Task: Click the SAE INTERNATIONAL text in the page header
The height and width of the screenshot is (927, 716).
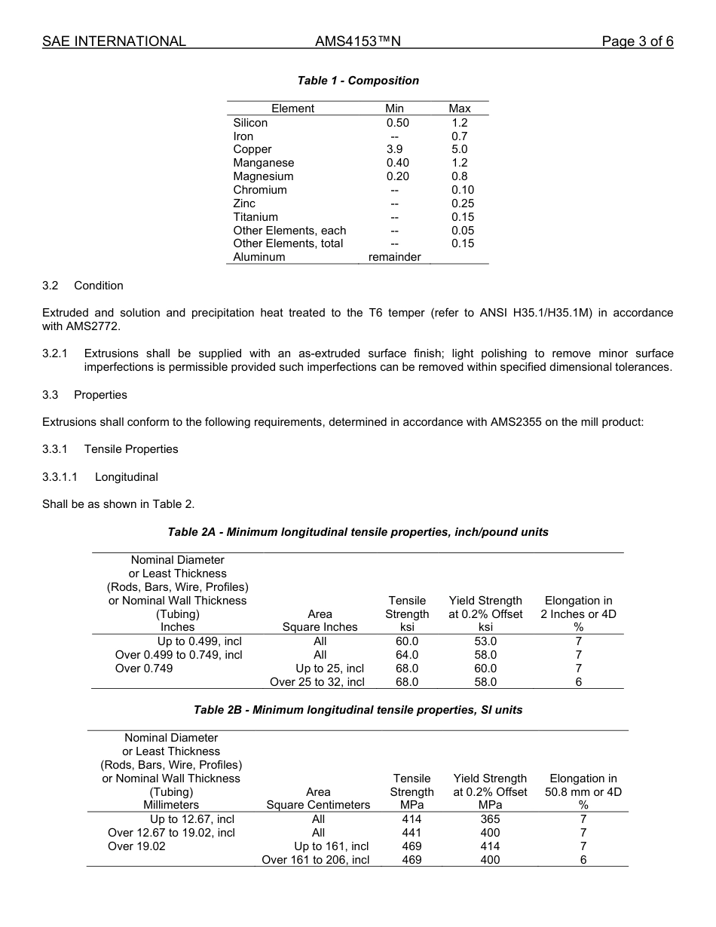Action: tap(114, 41)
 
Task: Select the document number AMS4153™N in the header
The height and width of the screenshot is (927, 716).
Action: tap(357, 41)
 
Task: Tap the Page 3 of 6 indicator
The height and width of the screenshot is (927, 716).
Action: tap(637, 41)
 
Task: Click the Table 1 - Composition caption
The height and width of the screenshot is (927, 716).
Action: tap(358, 81)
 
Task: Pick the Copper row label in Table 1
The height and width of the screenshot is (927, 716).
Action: tap(252, 149)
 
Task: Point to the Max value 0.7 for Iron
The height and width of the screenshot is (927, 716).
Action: tap(459, 136)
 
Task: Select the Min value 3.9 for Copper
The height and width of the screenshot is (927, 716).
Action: tap(394, 149)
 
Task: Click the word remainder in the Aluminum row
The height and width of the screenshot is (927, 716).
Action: tap(394, 257)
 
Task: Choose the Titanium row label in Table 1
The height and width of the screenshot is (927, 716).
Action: tap(255, 217)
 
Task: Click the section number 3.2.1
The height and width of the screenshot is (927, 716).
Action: tap(55, 353)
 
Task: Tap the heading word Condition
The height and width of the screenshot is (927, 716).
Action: tap(99, 286)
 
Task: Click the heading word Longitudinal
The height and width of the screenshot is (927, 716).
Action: tap(127, 477)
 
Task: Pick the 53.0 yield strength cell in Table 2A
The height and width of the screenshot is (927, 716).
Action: tap(485, 641)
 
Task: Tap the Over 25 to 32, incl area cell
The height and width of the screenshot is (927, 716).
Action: tap(317, 682)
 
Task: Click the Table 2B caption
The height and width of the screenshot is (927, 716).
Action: tap(358, 710)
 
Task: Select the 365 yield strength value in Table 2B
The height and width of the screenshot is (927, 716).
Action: tap(490, 819)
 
